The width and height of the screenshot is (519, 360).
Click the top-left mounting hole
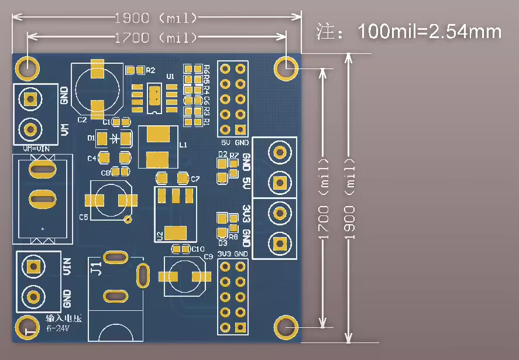pyautogui.click(x=26, y=67)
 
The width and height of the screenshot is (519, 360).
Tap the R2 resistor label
pyautogui.click(x=151, y=70)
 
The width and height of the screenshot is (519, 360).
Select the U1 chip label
pyautogui.click(x=170, y=77)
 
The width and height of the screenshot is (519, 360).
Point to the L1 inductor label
pyautogui.click(x=183, y=144)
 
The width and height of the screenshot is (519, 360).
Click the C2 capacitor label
pyautogui.click(x=82, y=119)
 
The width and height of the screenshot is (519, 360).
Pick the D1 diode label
pyautogui.click(x=91, y=138)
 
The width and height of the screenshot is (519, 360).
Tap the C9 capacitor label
pyautogui.click(x=208, y=257)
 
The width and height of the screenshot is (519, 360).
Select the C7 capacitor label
pyautogui.click(x=195, y=179)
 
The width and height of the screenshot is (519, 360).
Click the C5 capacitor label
pyautogui.click(x=83, y=217)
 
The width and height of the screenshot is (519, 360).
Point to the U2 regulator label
pyautogui.click(x=160, y=235)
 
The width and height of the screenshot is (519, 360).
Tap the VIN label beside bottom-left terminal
pyautogui.click(x=67, y=266)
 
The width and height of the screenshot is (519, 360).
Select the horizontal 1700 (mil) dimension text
pyautogui.click(x=156, y=38)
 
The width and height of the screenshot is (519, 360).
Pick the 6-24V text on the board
pyautogui.click(x=58, y=328)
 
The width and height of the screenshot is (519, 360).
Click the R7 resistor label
pyautogui.click(x=234, y=155)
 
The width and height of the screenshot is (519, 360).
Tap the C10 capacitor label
pyautogui.click(x=190, y=249)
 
